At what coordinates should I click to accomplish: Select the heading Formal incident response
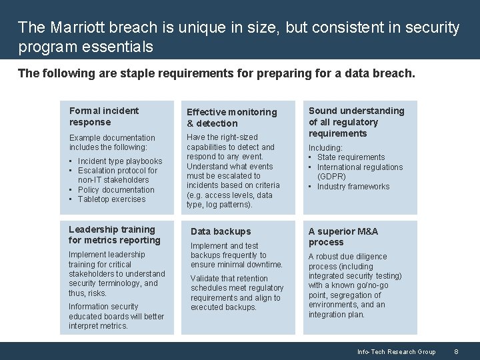104,116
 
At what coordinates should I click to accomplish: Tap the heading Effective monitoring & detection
231,117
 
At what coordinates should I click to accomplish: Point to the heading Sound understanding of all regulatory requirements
356,122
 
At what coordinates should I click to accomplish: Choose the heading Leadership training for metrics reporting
114,235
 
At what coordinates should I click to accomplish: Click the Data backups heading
221,231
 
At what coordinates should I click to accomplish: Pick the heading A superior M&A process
343,237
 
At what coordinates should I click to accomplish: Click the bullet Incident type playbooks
119,161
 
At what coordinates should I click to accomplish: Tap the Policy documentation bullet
115,190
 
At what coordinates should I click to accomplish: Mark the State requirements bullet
351,157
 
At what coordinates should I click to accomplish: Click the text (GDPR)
331,177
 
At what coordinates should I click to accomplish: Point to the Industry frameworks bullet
353,187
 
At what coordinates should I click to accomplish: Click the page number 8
456,351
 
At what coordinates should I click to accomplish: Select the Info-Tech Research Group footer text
396,351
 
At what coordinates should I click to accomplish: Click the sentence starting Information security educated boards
116,316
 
